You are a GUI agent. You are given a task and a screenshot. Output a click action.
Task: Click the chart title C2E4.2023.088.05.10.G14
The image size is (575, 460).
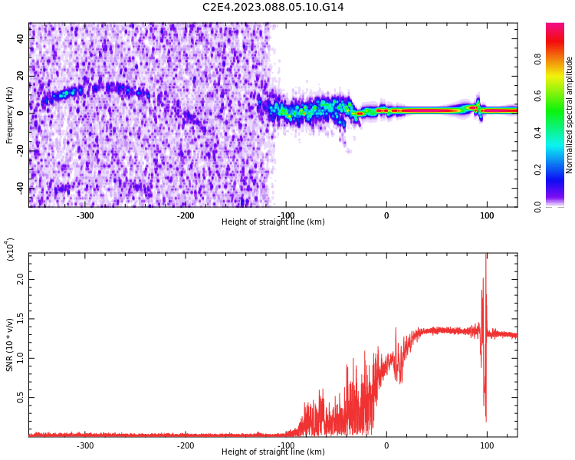(273, 7)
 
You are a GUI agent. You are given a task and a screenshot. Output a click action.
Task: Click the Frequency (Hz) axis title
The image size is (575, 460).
(10, 115)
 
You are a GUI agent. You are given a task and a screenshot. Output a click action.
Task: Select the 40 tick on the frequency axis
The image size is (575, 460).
(20, 38)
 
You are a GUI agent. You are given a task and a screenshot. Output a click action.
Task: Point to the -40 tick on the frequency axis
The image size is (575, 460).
(18, 188)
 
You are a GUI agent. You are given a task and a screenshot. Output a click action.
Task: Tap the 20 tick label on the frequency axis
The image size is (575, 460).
(20, 76)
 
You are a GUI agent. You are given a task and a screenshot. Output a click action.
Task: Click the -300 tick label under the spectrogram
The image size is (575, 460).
(85, 215)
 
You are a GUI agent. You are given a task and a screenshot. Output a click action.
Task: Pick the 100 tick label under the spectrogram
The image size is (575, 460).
(487, 215)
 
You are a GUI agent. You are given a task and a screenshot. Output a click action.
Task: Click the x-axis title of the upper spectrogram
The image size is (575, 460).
(273, 222)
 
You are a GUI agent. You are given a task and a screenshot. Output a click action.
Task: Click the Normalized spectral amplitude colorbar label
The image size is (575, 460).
(570, 115)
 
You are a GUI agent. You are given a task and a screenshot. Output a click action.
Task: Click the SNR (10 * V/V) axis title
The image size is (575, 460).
(10, 345)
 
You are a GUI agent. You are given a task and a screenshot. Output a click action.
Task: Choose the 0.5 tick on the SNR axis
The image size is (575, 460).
(20, 397)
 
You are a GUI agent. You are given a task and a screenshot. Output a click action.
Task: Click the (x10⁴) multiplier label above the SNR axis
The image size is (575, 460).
(10, 249)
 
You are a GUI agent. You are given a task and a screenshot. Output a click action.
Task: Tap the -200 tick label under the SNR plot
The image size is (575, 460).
(186, 445)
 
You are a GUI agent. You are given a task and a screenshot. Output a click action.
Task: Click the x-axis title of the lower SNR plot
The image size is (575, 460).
(273, 452)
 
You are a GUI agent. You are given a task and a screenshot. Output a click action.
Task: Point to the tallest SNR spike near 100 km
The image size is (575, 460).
(486, 258)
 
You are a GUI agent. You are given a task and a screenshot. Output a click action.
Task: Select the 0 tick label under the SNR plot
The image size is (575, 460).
(386, 445)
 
